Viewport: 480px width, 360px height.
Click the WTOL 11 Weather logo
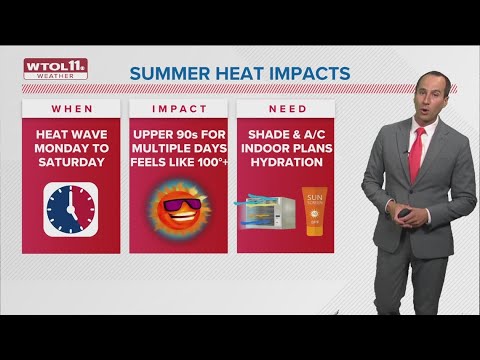click(55, 69)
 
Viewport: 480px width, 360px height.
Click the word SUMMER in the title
click(167, 74)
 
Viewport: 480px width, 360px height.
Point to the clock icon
click(70, 206)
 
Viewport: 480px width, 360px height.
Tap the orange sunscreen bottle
click(316, 210)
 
